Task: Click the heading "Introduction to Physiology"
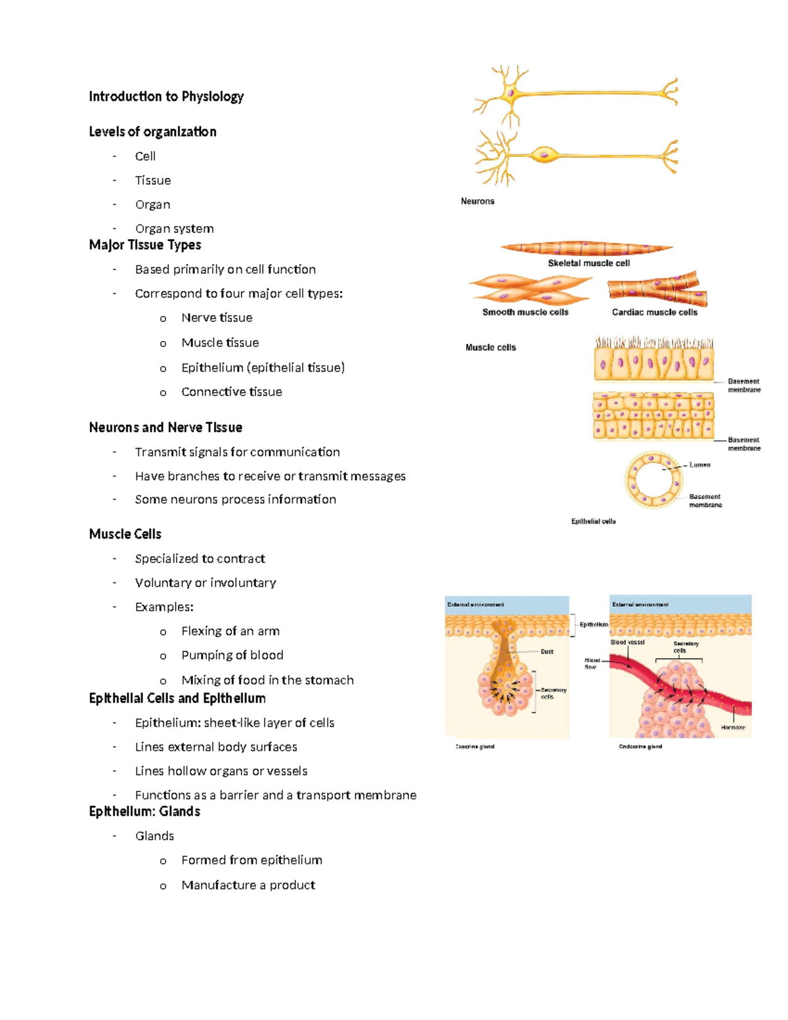pos(166,97)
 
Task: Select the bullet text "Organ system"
pos(174,229)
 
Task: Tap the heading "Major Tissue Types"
pos(145,245)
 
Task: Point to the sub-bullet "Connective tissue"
pos(231,392)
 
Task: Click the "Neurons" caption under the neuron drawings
pos(477,201)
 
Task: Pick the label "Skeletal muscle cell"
pos(588,263)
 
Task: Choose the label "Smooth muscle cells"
pos(525,313)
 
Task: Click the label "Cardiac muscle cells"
pos(655,313)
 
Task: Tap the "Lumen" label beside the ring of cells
pos(700,464)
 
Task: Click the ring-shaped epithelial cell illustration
pos(651,479)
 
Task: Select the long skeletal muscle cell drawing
pos(586,248)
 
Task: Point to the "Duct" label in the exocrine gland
pos(547,652)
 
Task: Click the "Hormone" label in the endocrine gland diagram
pos(733,727)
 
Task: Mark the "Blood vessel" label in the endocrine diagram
pos(628,642)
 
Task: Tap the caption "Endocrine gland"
pos(640,747)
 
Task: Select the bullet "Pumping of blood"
pos(232,655)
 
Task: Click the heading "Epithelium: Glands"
pos(144,812)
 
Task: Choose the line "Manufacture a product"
pos(248,885)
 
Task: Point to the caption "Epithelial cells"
pos(593,521)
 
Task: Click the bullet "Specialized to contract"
pos(200,559)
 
